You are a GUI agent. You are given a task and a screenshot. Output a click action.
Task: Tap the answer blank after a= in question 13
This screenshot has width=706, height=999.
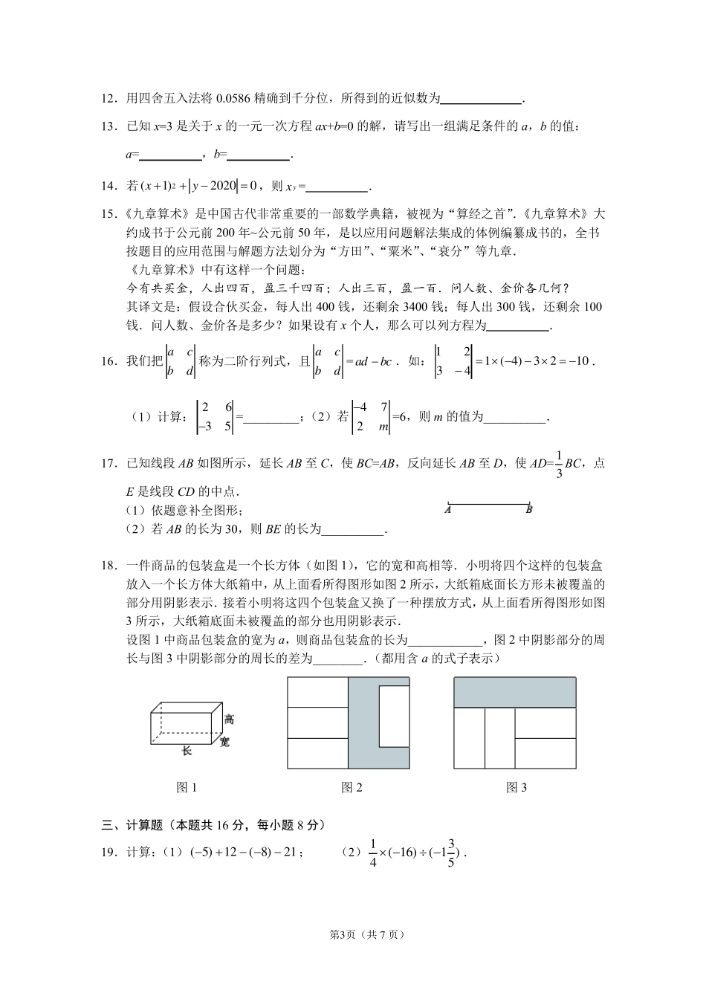pyautogui.click(x=170, y=155)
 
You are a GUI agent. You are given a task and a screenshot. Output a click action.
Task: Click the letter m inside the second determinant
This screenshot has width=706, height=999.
pyautogui.click(x=383, y=427)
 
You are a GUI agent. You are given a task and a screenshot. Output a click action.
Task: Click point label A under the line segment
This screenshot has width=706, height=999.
pyautogui.click(x=448, y=510)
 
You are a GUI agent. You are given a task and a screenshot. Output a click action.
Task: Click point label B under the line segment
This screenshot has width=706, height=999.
pyautogui.click(x=529, y=510)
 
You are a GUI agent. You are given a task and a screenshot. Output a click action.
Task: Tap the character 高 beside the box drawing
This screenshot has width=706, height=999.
pyautogui.click(x=229, y=720)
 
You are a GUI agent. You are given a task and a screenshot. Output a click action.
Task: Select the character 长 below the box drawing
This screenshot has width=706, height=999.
pyautogui.click(x=187, y=751)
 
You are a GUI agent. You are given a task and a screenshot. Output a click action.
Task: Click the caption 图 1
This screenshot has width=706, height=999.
pyautogui.click(x=186, y=788)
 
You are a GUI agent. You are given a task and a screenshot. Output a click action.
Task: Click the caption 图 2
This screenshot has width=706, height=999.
pyautogui.click(x=351, y=788)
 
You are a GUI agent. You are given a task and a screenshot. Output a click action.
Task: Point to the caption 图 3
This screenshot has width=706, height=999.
pyautogui.click(x=516, y=788)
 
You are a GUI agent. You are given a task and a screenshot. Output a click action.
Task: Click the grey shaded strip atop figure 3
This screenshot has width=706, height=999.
pyautogui.click(x=514, y=693)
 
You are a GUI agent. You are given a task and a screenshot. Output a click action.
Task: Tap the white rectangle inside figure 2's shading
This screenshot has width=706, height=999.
pyautogui.click(x=394, y=717)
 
